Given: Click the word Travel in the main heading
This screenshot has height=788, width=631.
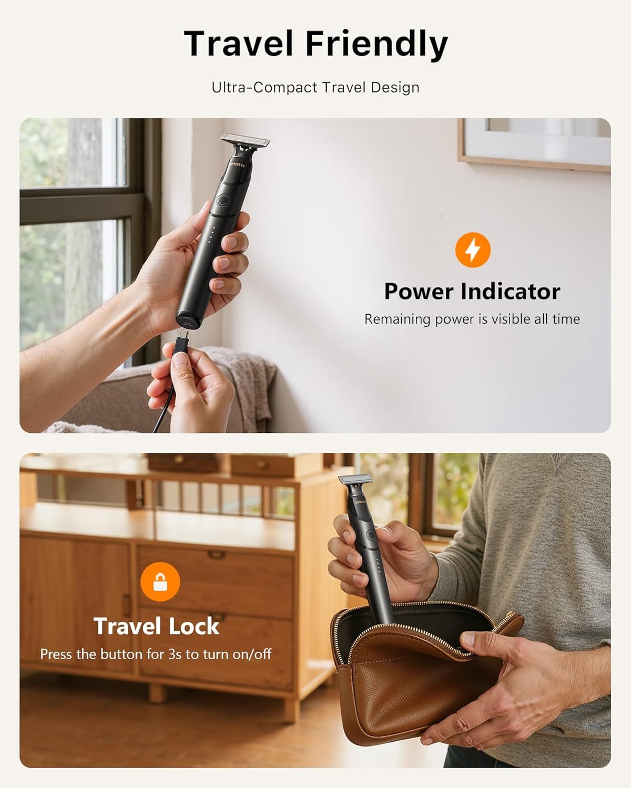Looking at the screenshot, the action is tap(238, 44).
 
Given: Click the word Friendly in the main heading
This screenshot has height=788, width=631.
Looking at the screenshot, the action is tap(376, 45).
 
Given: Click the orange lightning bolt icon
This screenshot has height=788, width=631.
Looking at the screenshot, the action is tap(473, 250).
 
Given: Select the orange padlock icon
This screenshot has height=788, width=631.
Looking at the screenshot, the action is tap(160, 582).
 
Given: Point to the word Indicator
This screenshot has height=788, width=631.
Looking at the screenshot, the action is tap(511, 292).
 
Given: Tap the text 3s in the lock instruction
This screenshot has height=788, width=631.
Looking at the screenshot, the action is tap(175, 654).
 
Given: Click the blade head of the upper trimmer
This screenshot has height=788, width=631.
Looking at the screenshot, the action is tap(245, 140).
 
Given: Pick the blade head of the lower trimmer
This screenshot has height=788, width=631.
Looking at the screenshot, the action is tap(356, 479).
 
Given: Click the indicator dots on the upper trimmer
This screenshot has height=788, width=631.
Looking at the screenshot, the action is tap(211, 234).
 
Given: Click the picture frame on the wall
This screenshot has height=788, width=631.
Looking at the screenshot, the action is tap(534, 144).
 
